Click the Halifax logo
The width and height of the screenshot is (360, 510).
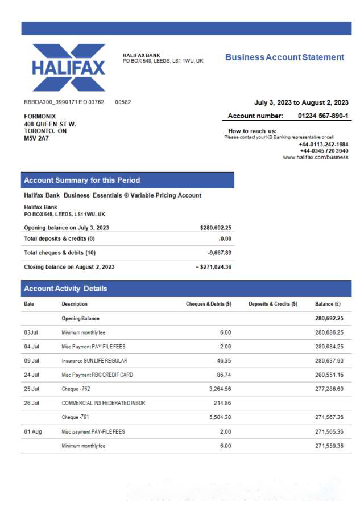point(69,67)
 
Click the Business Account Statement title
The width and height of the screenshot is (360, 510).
point(284,57)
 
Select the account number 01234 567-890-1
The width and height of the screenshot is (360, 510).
point(323,116)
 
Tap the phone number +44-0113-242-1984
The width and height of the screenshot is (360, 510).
point(323,145)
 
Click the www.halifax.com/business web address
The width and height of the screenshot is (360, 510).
point(316,157)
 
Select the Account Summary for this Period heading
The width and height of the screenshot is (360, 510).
point(82,180)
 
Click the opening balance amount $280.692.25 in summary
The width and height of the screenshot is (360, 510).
point(216,228)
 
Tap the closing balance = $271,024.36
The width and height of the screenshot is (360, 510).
point(213,267)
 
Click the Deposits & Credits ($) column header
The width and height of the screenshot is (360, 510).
point(273,304)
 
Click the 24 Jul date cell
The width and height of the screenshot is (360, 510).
point(31,375)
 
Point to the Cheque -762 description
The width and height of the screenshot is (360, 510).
point(76,389)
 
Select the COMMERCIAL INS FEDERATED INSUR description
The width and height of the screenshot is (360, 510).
point(103,404)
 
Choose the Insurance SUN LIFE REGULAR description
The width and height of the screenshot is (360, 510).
point(94,361)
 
